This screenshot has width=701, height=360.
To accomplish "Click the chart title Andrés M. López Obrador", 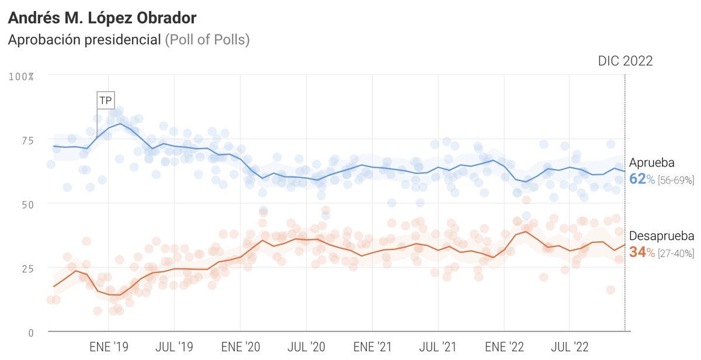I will tap(102, 18).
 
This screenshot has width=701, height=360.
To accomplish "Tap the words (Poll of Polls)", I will tap(207, 40).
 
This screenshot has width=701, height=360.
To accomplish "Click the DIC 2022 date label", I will tap(625, 61).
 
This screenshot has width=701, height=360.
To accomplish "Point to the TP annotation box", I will tap(105, 101).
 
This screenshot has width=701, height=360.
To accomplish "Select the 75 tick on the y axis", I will tap(29, 140).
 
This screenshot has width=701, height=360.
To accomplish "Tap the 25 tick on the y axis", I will tap(29, 268).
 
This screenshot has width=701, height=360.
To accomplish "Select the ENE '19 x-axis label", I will tap(109, 347).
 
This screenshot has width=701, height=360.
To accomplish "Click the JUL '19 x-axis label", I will tap(174, 347).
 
